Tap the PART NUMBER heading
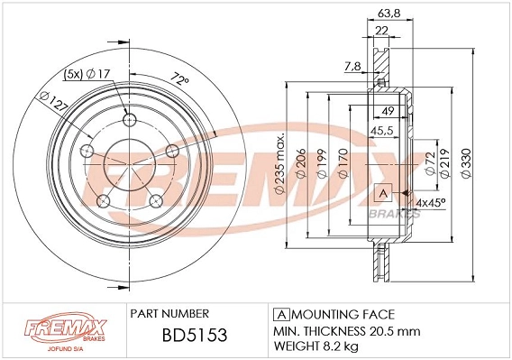pos(171,314)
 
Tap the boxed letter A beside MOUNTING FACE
pos(279,314)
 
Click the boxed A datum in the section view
pos(380,194)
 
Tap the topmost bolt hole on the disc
pos(129,120)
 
